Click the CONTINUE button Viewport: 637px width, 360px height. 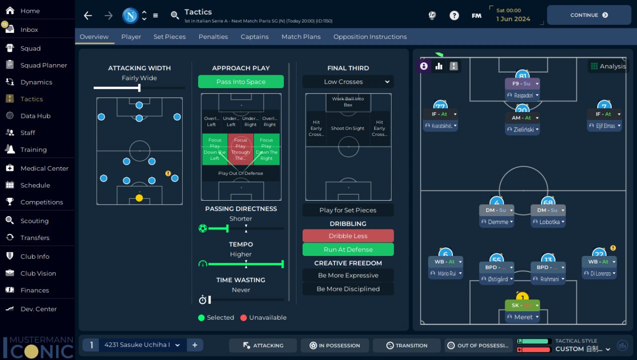[589, 15]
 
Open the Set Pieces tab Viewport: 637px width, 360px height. [170, 37]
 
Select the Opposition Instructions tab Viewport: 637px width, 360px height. [370, 37]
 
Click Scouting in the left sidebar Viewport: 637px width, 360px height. [34, 221]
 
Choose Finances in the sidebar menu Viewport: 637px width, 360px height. [34, 290]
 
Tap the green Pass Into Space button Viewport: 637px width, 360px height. [241, 82]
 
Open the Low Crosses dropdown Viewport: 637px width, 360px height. [348, 82]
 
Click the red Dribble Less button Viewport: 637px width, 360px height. [348, 236]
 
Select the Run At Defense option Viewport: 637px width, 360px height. [348, 249]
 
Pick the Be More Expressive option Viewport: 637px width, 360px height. [348, 275]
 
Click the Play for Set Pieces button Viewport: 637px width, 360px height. [348, 210]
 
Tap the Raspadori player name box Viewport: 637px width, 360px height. [522, 95]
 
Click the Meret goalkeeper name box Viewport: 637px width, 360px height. [522, 317]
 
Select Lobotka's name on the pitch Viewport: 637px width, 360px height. [548, 222]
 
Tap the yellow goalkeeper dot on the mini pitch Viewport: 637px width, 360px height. [139, 198]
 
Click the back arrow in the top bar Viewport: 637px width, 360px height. [88, 15]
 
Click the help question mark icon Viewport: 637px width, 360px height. [454, 15]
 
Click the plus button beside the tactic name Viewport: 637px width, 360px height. [195, 345]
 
